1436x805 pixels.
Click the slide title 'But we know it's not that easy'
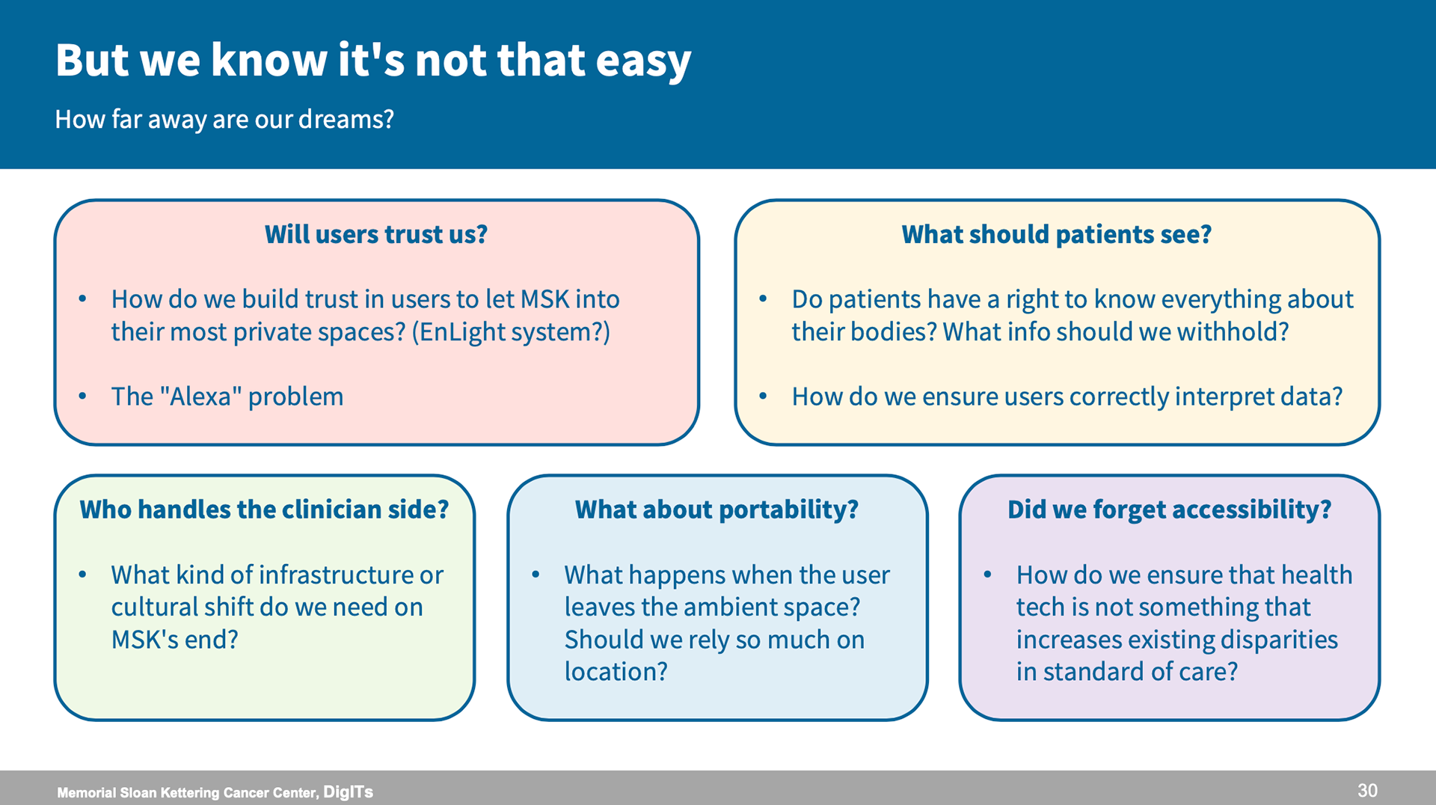click(373, 60)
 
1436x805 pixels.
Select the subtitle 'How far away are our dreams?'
click(224, 120)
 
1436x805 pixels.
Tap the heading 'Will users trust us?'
click(376, 234)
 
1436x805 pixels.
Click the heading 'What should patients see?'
click(1056, 234)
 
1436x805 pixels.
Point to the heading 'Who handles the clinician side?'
click(264, 509)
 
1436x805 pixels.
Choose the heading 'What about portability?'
click(717, 509)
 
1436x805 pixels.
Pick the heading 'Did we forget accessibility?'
click(1169, 509)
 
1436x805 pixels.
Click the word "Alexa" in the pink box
click(200, 396)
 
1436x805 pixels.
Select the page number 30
click(1367, 791)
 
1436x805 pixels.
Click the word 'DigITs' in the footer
click(348, 792)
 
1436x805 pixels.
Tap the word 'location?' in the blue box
click(616, 672)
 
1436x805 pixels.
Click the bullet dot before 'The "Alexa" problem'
click(83, 396)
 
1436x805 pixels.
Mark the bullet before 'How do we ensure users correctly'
click(763, 396)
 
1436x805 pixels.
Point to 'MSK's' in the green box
click(141, 640)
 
